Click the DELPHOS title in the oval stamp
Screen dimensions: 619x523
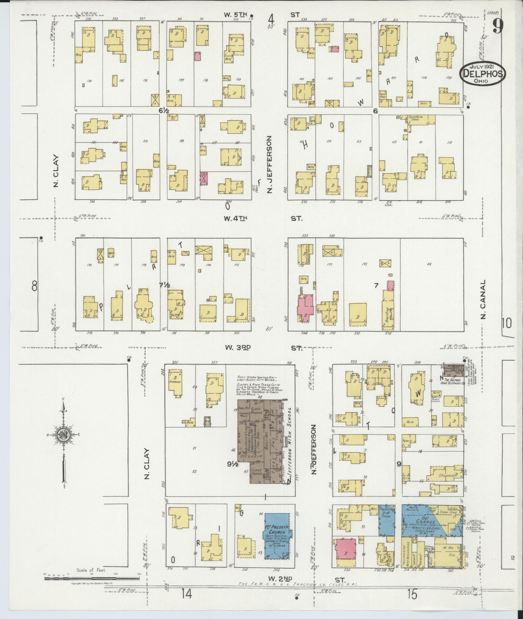click(x=483, y=74)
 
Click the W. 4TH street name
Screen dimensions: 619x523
click(x=235, y=218)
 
